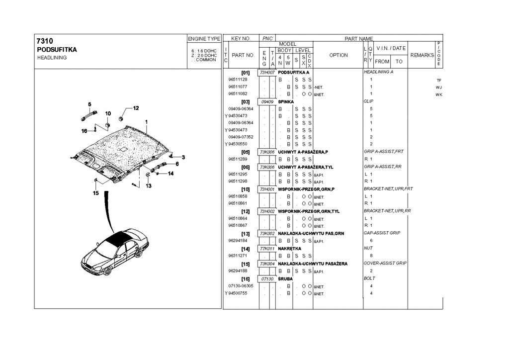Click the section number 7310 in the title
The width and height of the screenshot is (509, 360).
45,41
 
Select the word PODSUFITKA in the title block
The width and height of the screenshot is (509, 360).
57,50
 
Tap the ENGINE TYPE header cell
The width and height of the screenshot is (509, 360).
204,38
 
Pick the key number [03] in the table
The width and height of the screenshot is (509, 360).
245,101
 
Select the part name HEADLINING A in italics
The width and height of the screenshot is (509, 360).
379,72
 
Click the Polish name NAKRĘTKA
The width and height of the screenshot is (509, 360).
289,248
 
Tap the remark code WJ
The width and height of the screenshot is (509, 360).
438,87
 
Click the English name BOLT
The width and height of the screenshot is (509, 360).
370,278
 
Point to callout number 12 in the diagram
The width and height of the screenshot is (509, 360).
136,108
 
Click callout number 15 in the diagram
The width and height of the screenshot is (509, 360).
96,193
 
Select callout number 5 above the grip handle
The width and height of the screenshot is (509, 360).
89,104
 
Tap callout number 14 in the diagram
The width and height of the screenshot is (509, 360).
170,174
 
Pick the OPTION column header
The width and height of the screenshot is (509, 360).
339,55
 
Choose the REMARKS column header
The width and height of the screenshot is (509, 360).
422,55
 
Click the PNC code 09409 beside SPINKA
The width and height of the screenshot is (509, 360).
267,101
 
